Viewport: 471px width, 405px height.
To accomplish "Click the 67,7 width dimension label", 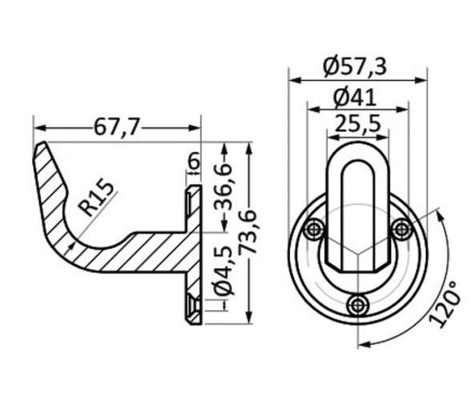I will click(117, 126).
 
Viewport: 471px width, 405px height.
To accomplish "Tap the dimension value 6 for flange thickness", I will click(193, 162).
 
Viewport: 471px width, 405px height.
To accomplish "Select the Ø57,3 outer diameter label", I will click(356, 66).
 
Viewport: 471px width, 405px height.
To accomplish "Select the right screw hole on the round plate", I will click(401, 230).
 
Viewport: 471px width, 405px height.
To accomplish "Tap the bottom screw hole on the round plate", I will click(358, 303).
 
